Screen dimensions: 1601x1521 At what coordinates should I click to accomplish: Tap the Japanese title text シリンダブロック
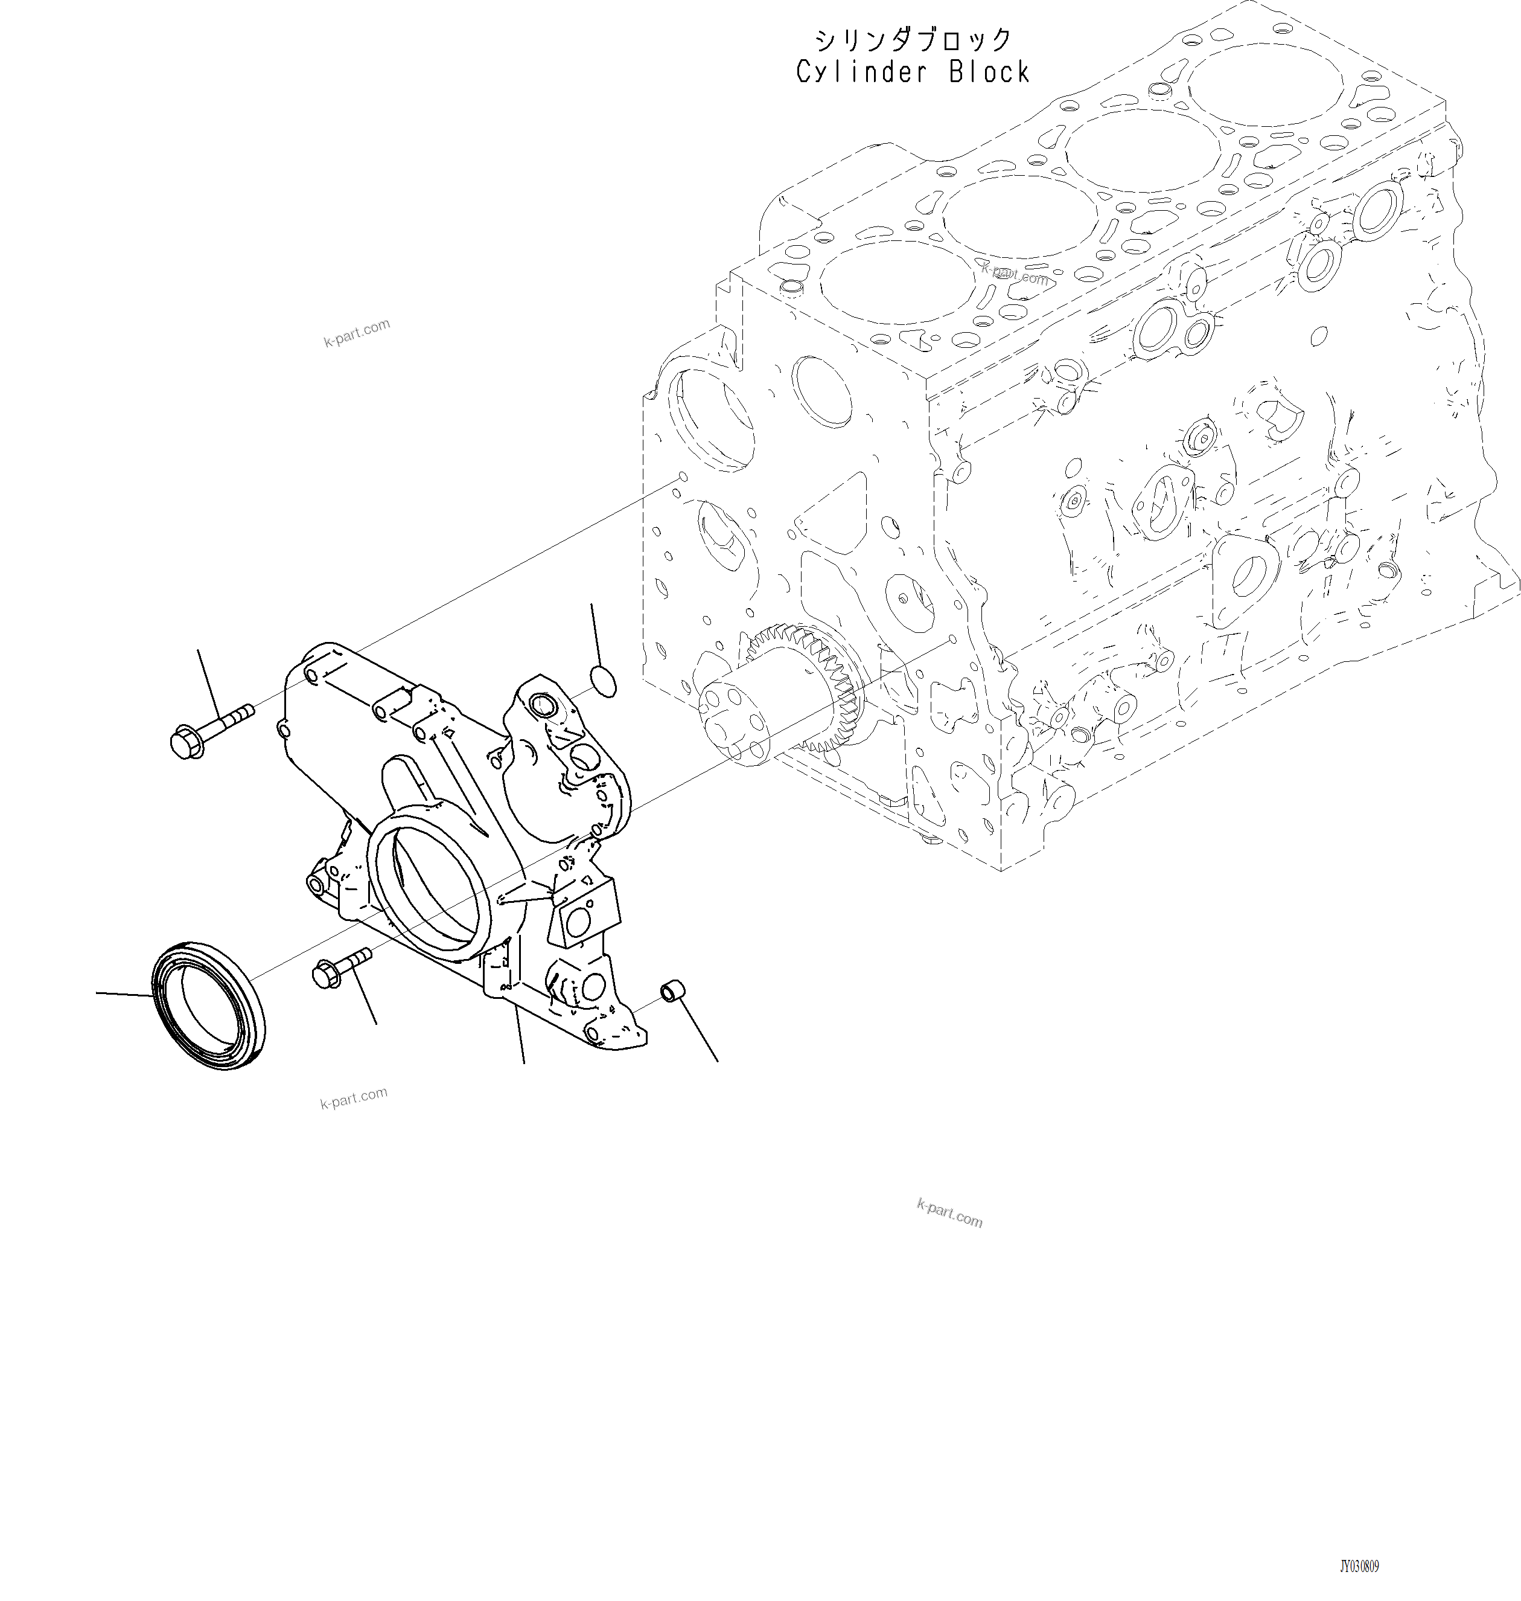coord(914,39)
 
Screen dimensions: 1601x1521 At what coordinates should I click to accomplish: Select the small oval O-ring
coord(602,681)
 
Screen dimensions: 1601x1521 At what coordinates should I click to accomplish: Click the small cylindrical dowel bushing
coord(674,991)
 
